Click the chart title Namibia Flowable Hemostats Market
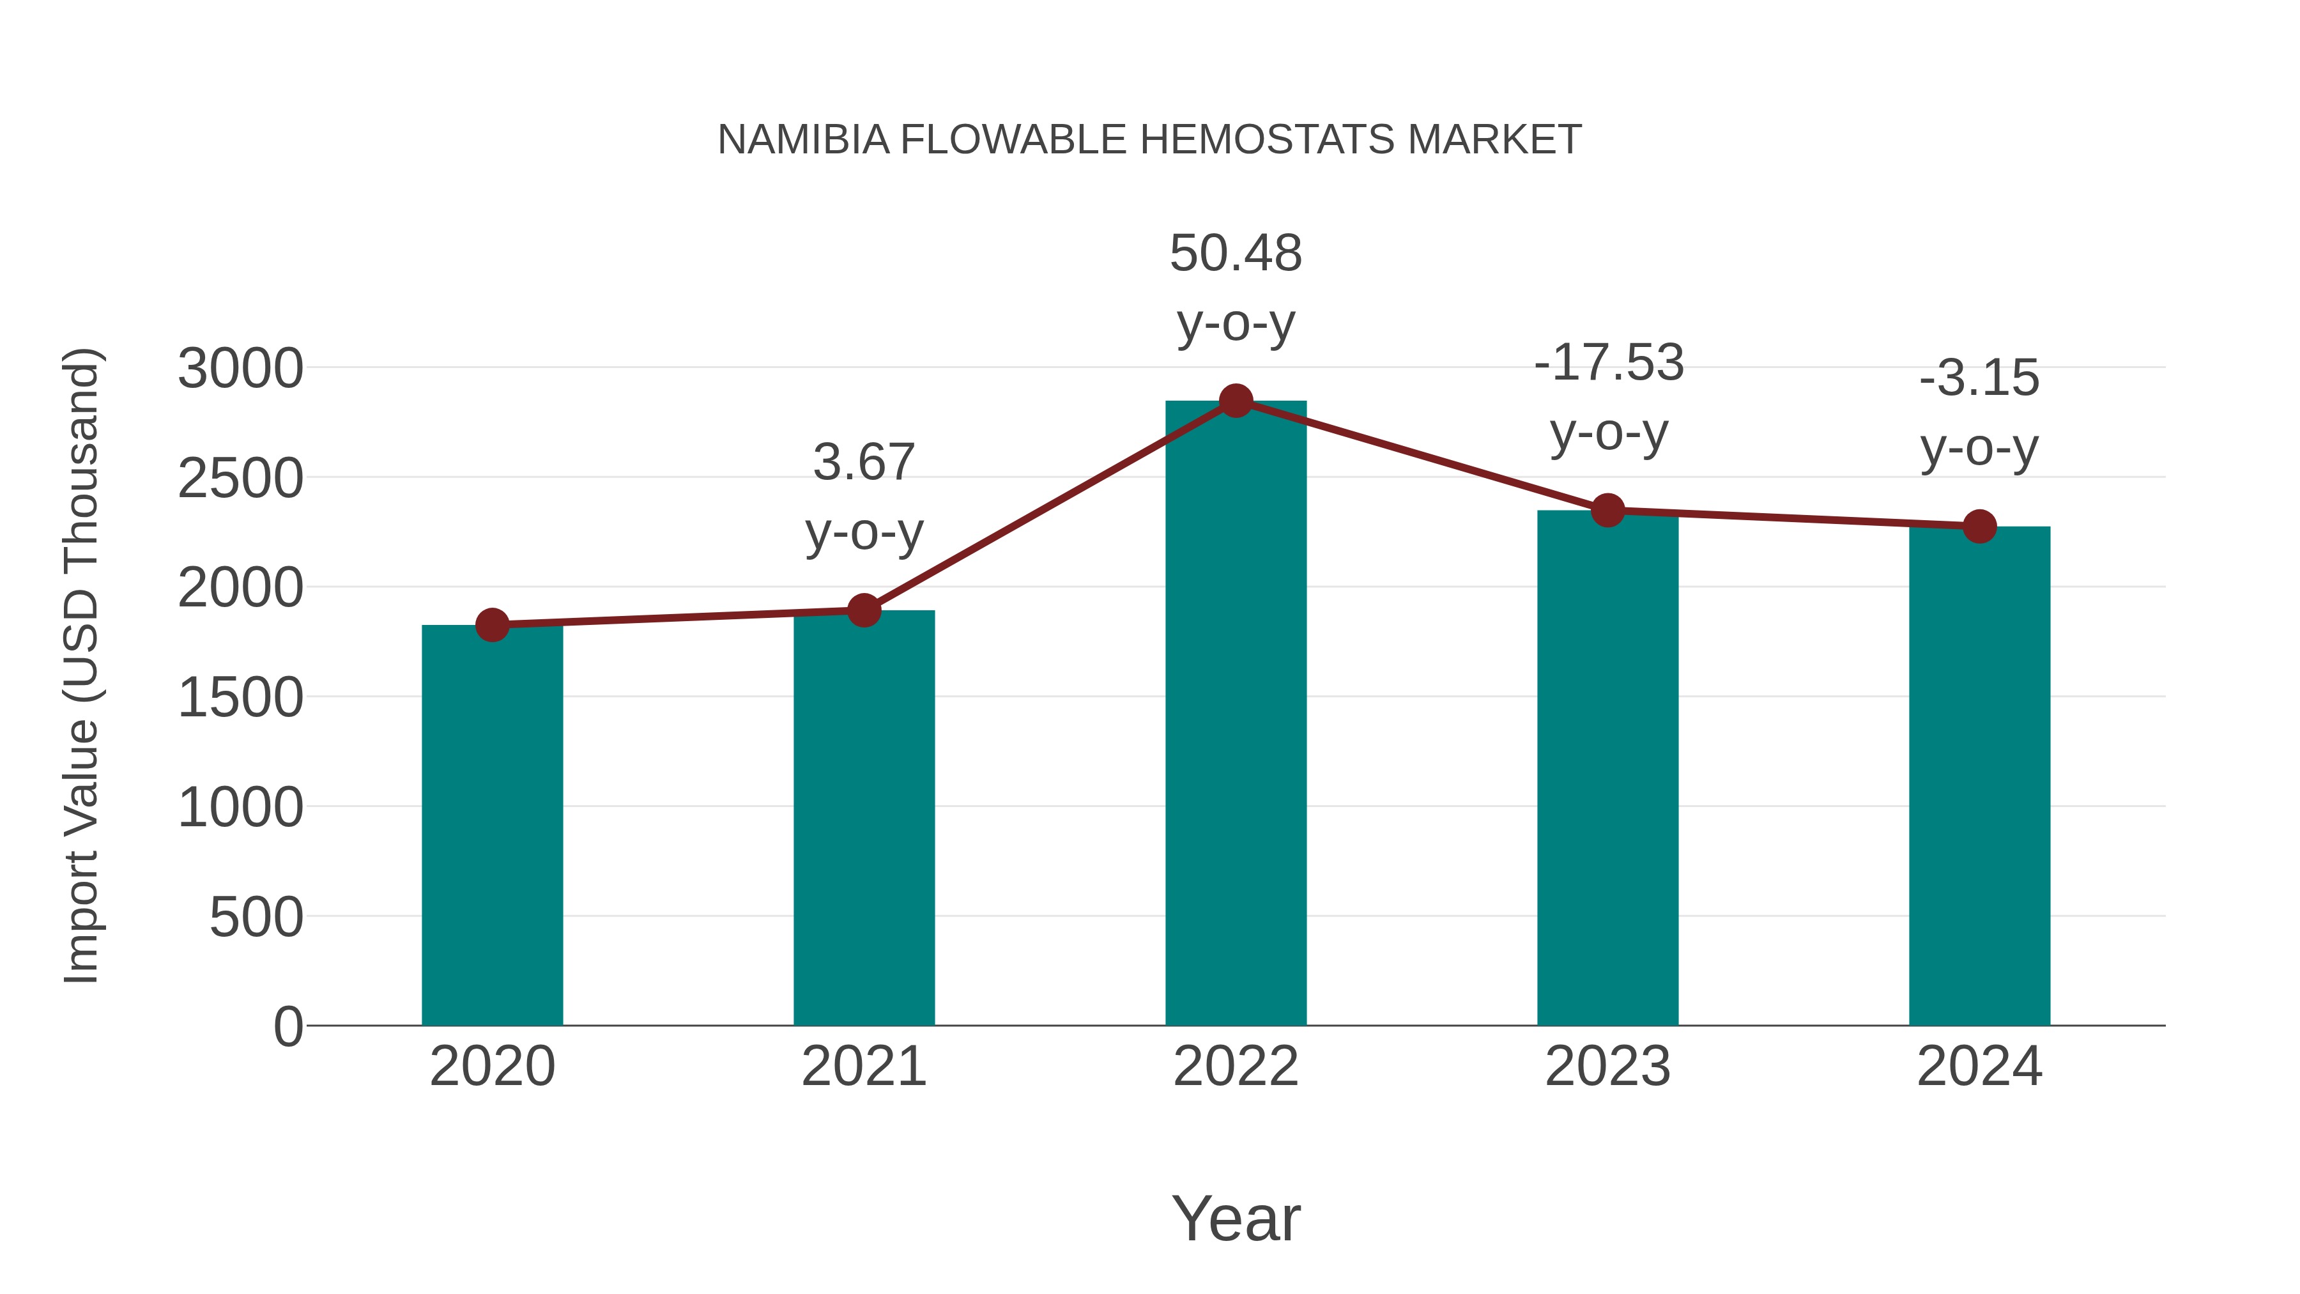tap(1149, 140)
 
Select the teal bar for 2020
tap(492, 826)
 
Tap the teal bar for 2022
tap(1236, 714)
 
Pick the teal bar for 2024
tap(1979, 777)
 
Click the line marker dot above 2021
tap(863, 611)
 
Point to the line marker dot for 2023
tap(1607, 510)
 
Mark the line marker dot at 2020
tap(492, 625)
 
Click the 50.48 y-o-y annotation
tap(1236, 288)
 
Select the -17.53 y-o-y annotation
tap(1608, 397)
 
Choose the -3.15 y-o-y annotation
tap(1979, 413)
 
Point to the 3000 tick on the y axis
tap(240, 368)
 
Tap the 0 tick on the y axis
tap(287, 1026)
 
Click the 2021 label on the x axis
tap(863, 1067)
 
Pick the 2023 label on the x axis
tap(1607, 1067)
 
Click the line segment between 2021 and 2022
tap(1050, 505)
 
